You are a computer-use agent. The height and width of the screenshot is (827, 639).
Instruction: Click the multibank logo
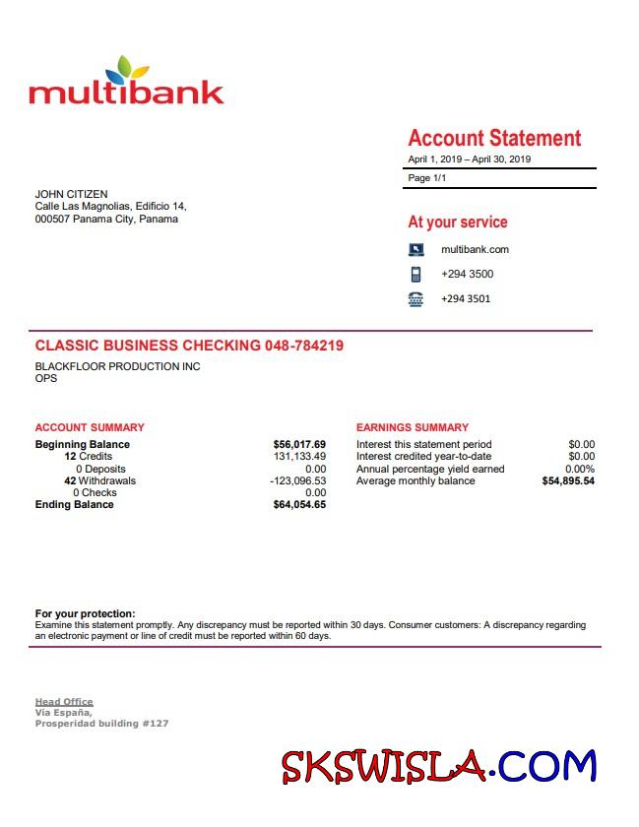point(126,83)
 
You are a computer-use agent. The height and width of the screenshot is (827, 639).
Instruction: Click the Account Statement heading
point(494,138)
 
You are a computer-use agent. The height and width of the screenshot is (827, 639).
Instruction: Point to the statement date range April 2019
point(470,159)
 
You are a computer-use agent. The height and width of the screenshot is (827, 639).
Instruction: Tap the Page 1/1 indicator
point(426,178)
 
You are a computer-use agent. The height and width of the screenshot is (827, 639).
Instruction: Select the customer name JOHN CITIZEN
point(72,194)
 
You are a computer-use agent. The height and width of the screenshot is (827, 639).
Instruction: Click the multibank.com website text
point(475,250)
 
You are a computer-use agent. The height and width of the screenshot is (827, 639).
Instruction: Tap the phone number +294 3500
point(467,275)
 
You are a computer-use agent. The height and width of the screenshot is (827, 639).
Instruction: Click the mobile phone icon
point(415,275)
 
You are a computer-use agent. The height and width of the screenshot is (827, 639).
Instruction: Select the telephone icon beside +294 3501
point(415,299)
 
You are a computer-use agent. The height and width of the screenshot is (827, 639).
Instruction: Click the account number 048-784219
point(304,346)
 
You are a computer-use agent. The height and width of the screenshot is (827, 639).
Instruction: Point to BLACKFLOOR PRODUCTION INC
point(117,367)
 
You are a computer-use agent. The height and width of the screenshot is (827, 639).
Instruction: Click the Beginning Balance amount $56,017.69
point(299,445)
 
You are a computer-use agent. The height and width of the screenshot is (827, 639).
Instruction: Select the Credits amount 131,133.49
point(299,457)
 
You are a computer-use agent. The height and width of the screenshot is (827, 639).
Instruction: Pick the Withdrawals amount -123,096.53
point(297,481)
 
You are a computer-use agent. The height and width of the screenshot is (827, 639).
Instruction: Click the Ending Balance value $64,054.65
point(299,505)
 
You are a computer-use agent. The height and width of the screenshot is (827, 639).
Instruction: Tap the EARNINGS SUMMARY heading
point(413,428)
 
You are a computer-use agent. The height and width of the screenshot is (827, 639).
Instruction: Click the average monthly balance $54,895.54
point(568,481)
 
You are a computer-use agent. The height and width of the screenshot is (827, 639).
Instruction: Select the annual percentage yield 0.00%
point(579,470)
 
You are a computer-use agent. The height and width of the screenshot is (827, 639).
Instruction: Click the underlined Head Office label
point(64,702)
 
